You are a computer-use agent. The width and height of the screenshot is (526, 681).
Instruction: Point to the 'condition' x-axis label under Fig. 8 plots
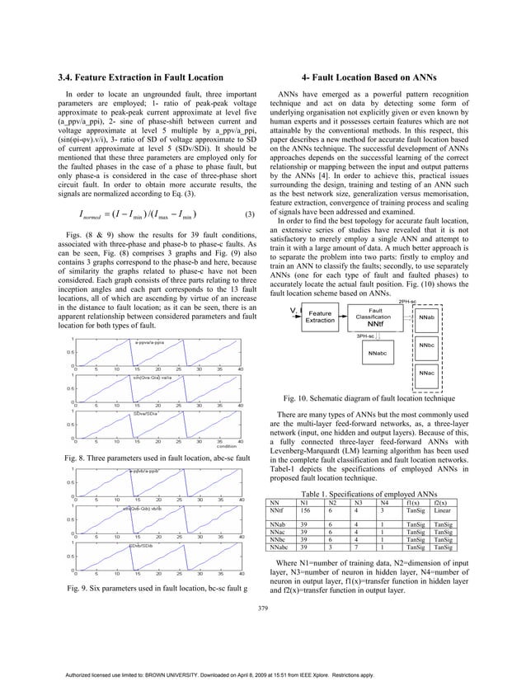pyautogui.click(x=228, y=446)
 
